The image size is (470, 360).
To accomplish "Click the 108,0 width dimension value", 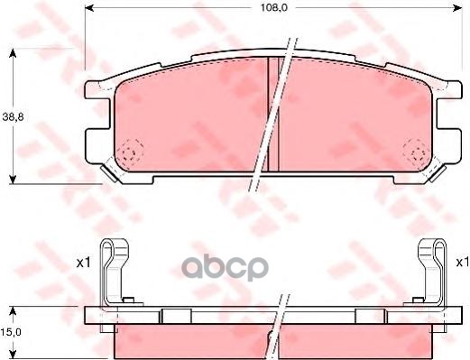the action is (273, 7).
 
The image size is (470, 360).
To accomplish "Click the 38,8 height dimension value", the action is (13, 117).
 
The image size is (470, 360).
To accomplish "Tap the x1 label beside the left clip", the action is (83, 263).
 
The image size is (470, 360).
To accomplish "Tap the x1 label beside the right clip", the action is (463, 263).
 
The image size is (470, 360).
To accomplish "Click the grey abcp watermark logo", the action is (225, 268).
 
